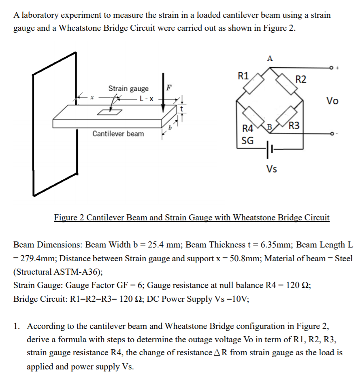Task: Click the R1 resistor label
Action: point(243,75)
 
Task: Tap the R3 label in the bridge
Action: point(294,125)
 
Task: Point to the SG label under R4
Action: point(247,141)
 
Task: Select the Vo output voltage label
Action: point(332,101)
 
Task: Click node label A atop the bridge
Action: point(270,58)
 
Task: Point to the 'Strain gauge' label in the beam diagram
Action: point(128,88)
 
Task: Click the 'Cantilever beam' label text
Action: point(118,134)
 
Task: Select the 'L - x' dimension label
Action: point(146,98)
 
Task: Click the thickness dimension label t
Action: point(182,109)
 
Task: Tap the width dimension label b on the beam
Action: point(169,128)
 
